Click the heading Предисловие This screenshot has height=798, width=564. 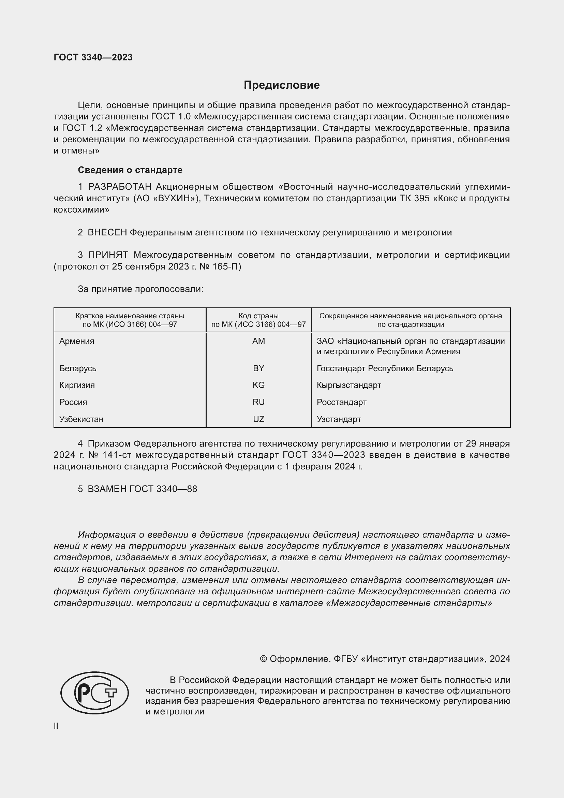pyautogui.click(x=282, y=85)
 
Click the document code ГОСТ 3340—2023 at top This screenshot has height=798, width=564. pyautogui.click(x=93, y=57)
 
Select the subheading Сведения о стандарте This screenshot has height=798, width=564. pyautogui.click(x=130, y=170)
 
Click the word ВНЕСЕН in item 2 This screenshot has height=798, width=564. pyautogui.click(x=107, y=233)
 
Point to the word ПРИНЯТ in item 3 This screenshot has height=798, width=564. pyautogui.click(x=108, y=255)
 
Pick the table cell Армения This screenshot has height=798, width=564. pyautogui.click(x=77, y=341)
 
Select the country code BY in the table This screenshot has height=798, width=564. pyautogui.click(x=259, y=368)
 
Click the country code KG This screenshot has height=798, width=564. pyautogui.click(x=259, y=385)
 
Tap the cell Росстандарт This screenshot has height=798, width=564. pyautogui.click(x=341, y=402)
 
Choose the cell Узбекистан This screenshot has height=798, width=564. pyautogui.click(x=81, y=419)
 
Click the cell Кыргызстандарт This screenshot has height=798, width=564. pyautogui.click(x=349, y=385)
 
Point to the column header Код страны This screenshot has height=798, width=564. pyautogui.click(x=258, y=316)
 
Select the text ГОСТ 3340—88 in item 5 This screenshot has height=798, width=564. pyautogui.click(x=163, y=489)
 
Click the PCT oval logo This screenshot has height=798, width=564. pyautogui.click(x=94, y=693)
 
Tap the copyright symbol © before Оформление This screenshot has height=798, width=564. pyautogui.click(x=264, y=659)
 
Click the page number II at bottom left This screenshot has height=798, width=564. pyautogui.click(x=56, y=726)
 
